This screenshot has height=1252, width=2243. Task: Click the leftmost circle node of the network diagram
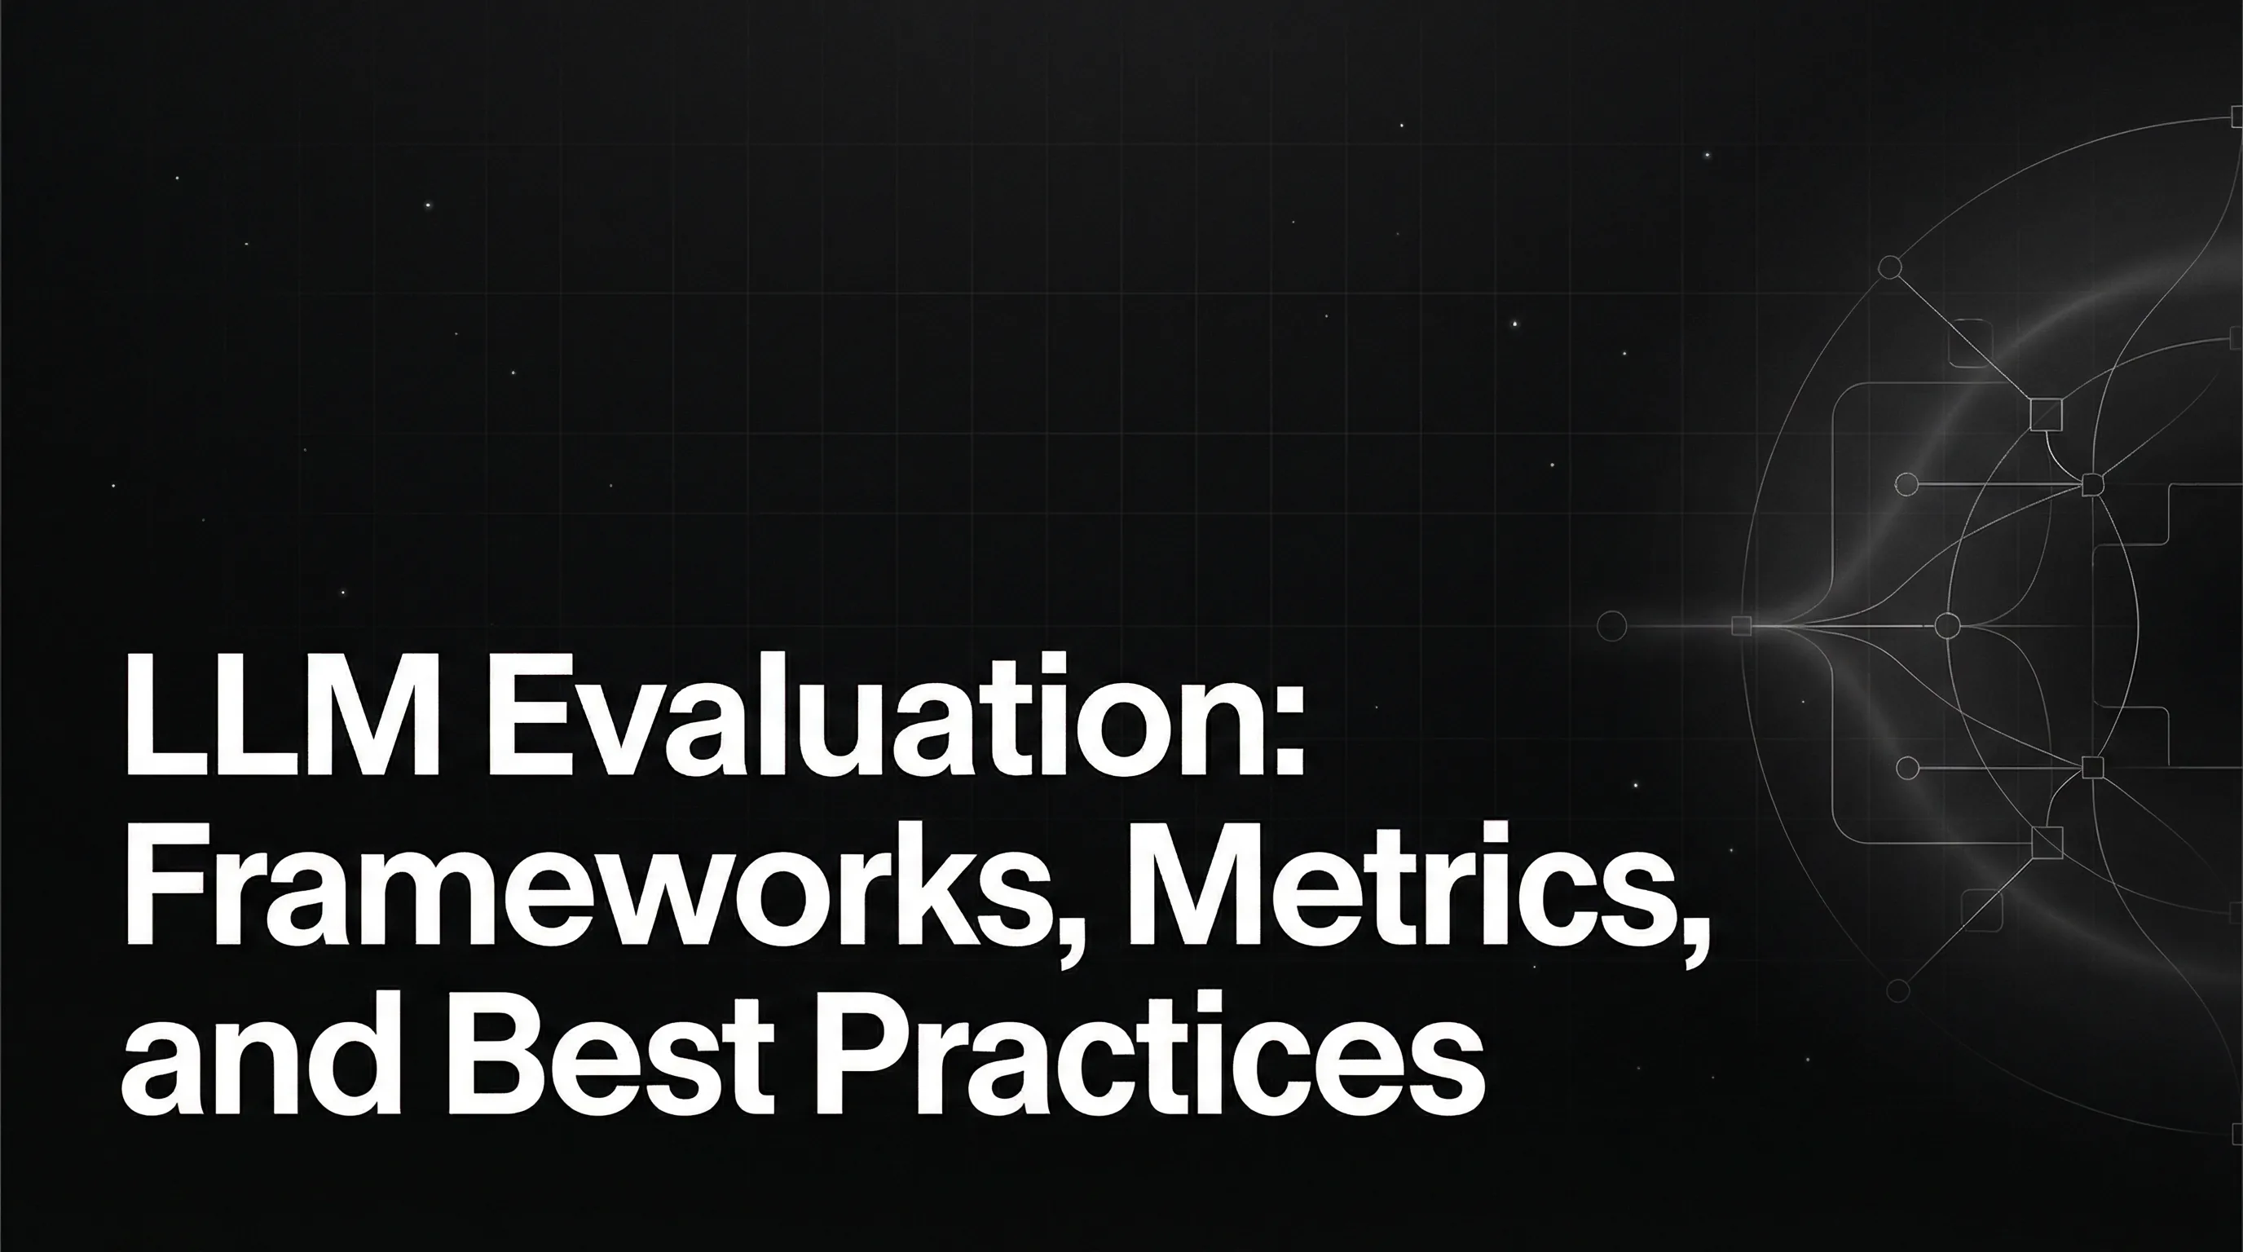click(1613, 626)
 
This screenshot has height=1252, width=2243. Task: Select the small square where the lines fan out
click(1742, 626)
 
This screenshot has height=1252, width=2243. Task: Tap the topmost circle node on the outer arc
click(1889, 267)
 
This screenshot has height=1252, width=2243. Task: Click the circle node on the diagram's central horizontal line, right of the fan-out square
click(1947, 626)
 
